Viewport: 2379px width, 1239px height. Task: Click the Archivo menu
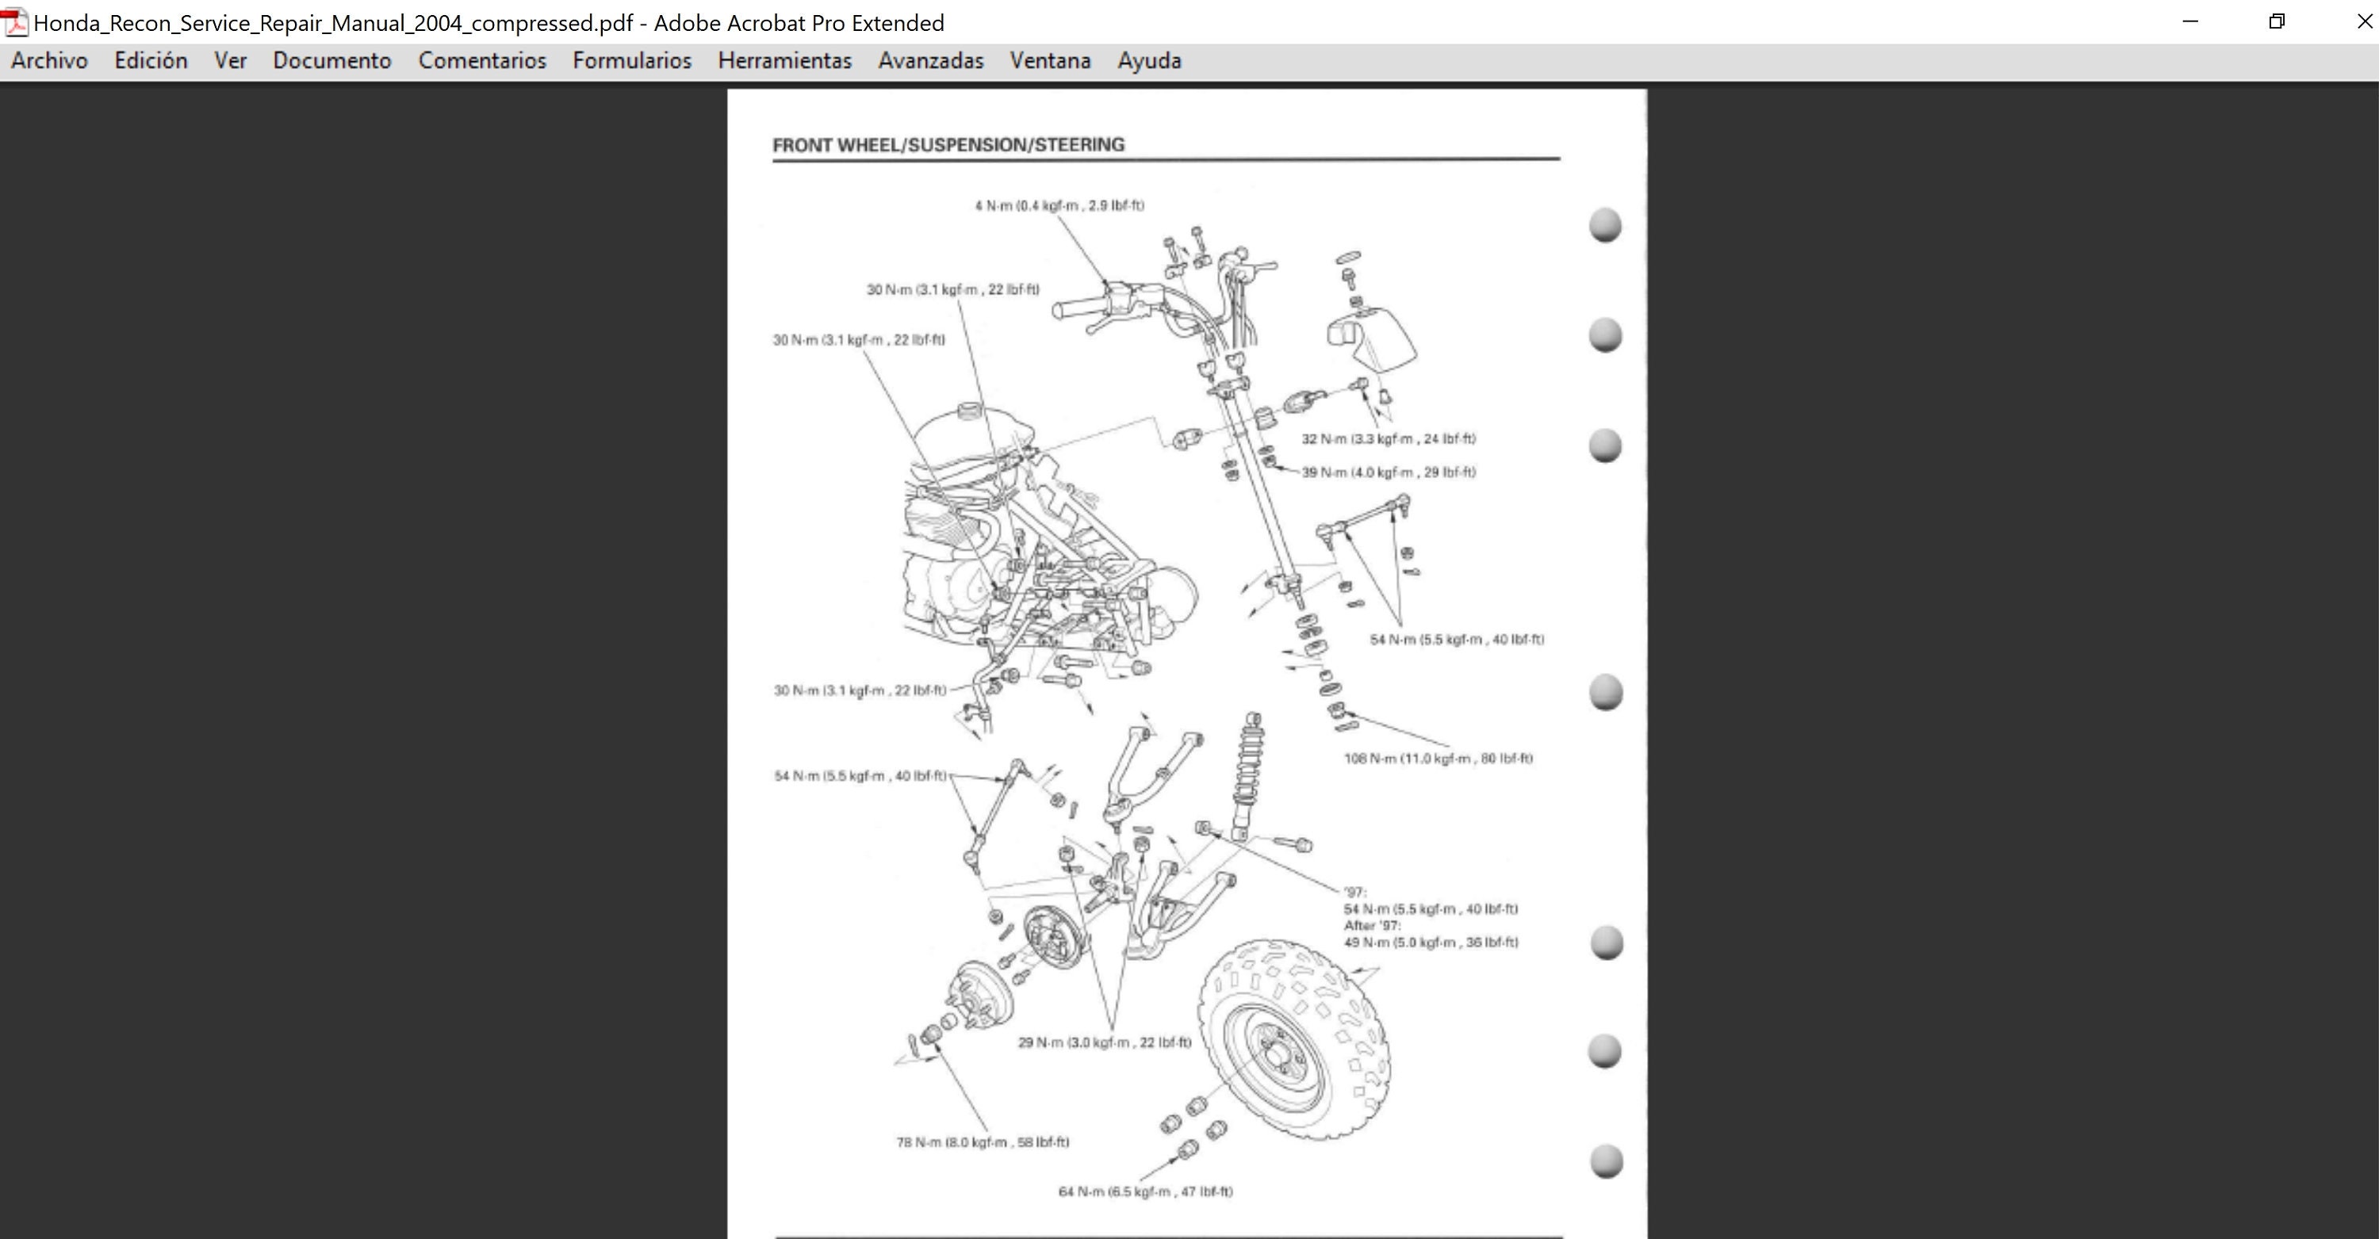pyautogui.click(x=49, y=61)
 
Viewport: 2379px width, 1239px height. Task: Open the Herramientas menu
pyautogui.click(x=784, y=61)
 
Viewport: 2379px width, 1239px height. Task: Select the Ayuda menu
pyautogui.click(x=1149, y=61)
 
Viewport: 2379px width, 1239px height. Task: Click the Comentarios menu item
pyautogui.click(x=482, y=61)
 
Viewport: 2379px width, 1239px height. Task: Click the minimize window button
pyautogui.click(x=2189, y=21)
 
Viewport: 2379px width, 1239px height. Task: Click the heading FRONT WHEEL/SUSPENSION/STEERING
pyautogui.click(x=948, y=145)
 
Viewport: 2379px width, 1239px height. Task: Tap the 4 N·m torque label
pyautogui.click(x=1059, y=206)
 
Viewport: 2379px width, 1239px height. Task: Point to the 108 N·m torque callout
pyautogui.click(x=1438, y=759)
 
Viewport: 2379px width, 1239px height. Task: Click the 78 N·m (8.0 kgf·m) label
pyautogui.click(x=983, y=1142)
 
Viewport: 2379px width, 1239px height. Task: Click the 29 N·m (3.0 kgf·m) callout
pyautogui.click(x=1105, y=1042)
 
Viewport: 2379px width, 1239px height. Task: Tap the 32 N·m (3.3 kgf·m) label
pyautogui.click(x=1388, y=439)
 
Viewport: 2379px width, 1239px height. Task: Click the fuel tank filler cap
pyautogui.click(x=971, y=410)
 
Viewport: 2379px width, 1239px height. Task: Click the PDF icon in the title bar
pyautogui.click(x=16, y=22)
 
